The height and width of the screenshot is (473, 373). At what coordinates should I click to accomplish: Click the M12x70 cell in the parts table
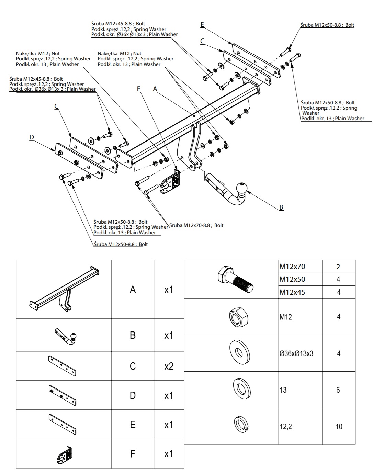point(292,267)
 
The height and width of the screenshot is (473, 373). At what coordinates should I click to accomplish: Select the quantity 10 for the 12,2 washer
point(339,426)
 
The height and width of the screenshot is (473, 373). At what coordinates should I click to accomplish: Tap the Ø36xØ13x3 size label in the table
point(296,353)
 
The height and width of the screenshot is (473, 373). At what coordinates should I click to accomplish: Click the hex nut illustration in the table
point(237,316)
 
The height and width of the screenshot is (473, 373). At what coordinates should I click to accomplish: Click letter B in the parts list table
point(133,335)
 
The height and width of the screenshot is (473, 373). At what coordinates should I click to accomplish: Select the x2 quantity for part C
point(169,366)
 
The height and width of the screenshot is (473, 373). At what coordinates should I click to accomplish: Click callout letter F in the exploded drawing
point(139,89)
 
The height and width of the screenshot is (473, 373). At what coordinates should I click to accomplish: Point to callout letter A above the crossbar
point(155,89)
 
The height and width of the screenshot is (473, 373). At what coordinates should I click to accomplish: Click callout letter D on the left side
point(32,137)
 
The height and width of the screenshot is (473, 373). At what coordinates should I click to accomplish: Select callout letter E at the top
point(202,24)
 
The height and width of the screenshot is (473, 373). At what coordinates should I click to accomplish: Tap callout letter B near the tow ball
point(281,207)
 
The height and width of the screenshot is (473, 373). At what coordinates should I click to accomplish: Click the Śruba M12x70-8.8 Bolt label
point(196,225)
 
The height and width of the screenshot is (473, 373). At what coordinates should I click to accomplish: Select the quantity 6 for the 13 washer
point(338,390)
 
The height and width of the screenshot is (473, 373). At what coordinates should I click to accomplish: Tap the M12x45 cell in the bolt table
point(292,292)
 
